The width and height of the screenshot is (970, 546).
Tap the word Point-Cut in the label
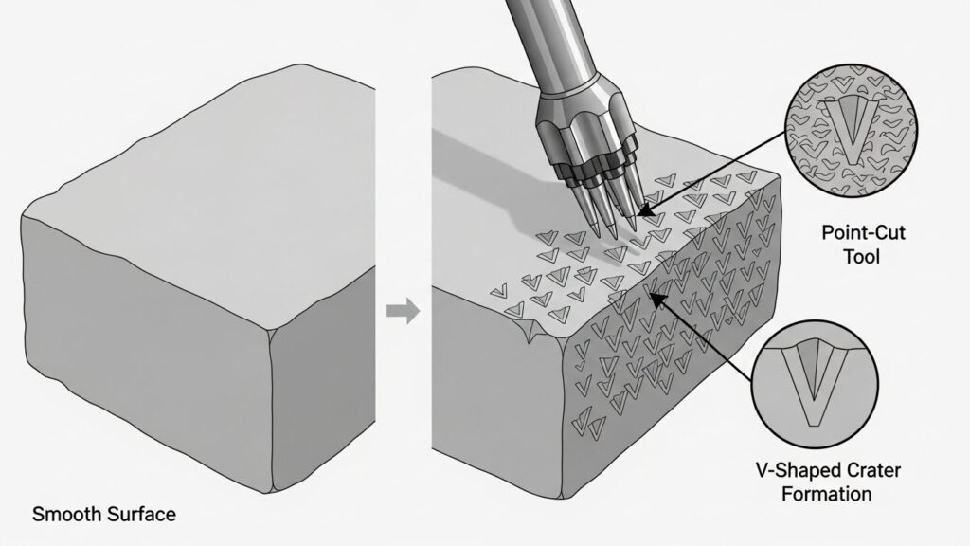coord(863,233)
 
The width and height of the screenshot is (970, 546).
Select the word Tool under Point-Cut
coord(862,256)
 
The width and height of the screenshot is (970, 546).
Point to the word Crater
coord(872,470)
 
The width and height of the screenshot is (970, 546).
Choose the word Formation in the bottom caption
coord(826,494)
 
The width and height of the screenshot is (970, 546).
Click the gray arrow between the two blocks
coord(404,310)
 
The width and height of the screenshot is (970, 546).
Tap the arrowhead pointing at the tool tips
coord(644,211)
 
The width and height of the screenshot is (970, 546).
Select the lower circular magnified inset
coord(816,384)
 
